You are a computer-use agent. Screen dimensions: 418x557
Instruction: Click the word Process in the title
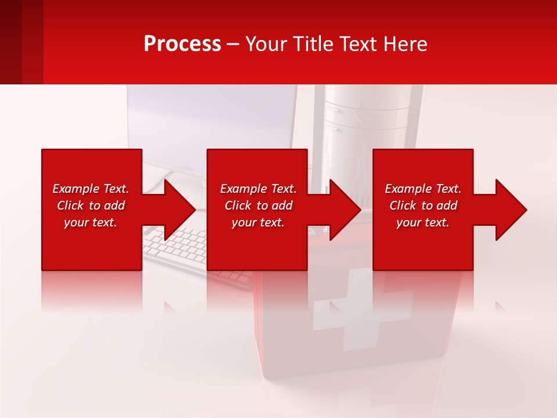(x=182, y=44)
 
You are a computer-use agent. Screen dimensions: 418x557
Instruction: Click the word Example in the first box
(x=76, y=189)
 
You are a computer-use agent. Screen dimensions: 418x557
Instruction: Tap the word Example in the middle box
(x=244, y=189)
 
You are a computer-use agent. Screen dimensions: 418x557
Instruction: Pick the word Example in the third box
(x=408, y=189)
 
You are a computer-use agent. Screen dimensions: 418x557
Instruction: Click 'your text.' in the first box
(x=91, y=222)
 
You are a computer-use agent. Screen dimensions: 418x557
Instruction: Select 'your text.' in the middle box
(x=258, y=222)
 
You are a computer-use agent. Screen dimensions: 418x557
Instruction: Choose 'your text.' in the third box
(x=423, y=222)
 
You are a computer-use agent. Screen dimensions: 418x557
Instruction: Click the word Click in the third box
(x=403, y=206)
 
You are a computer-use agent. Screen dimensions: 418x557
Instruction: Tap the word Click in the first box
(x=70, y=206)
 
